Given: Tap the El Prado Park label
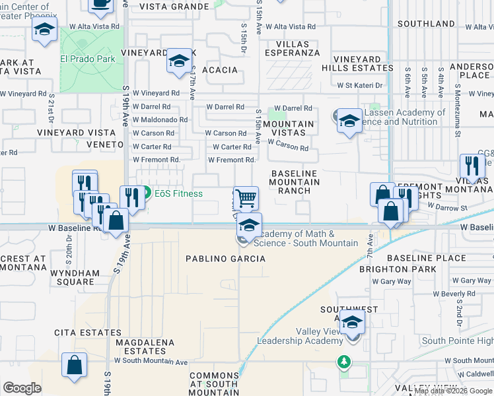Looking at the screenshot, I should point(87,59).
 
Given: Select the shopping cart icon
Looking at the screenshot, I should point(246,197).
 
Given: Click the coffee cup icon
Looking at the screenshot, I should point(101,3).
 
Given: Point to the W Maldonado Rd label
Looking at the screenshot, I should point(160,120).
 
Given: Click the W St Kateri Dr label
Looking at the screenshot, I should point(359,86).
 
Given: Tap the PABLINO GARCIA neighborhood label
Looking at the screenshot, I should point(225,259).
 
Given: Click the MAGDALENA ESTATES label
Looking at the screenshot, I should point(145,347).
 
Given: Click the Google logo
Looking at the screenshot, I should point(22,388).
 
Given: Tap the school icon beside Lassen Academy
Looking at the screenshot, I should point(349,121).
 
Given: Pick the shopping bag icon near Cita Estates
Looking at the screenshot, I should point(75,365).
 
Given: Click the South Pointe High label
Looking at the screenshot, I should point(457,341).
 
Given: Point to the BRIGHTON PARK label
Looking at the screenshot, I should point(398,269).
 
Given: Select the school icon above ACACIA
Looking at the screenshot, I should point(178,61).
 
